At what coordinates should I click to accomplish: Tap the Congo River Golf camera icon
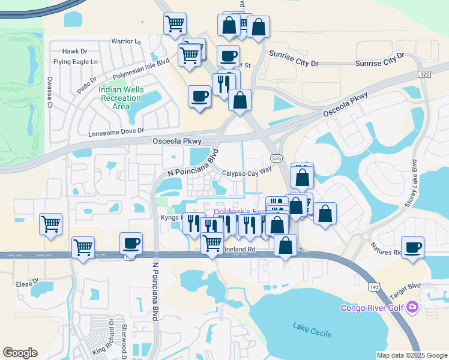412,307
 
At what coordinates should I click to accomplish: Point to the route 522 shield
425,74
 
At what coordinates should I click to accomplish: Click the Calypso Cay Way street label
247,172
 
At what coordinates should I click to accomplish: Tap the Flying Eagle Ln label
76,62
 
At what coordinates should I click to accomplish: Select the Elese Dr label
28,281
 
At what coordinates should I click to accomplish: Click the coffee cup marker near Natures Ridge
412,247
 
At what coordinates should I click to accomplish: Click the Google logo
20,353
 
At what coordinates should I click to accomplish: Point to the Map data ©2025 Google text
411,355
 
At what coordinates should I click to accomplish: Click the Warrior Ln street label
125,41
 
